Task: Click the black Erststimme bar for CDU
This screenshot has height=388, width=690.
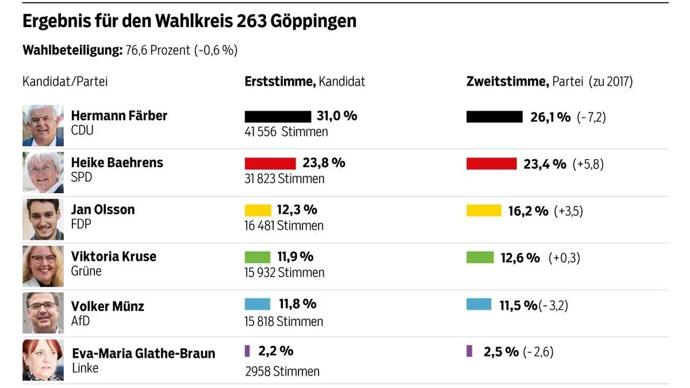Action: pos(277,117)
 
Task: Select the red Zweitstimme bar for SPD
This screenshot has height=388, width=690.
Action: pos(491,164)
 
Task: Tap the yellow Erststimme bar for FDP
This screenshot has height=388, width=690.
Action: pos(258,210)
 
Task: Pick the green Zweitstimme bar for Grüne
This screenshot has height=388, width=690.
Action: pos(480,258)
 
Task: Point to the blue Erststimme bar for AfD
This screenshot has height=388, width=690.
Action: pos(257,304)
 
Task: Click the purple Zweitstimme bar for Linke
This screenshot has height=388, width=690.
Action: pos(469,351)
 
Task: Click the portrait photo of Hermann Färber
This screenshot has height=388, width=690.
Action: pos(43,125)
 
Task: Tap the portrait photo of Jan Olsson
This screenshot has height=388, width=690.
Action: pos(43,219)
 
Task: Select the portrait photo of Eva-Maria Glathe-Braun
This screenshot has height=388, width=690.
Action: pos(43,360)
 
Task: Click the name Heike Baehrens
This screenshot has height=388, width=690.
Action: pos(117,163)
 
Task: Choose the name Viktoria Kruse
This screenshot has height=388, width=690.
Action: pos(113,256)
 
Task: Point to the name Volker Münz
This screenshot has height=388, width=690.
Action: pos(108,306)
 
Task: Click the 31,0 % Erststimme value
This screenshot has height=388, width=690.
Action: pos(336,116)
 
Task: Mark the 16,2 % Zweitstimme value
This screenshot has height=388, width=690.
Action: pos(528,211)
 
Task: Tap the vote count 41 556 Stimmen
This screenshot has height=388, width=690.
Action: pos(286,132)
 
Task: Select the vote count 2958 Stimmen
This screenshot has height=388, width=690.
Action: pos(282,371)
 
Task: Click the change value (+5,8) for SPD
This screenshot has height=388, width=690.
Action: pos(588,164)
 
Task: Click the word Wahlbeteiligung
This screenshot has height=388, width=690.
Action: pos(72,50)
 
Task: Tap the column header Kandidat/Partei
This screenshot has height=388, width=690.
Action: pos(65,82)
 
